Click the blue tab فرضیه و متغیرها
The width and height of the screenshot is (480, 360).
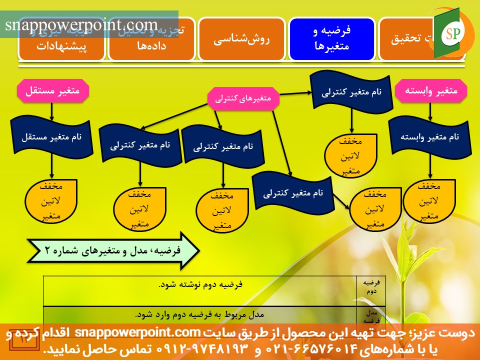coord(332,38)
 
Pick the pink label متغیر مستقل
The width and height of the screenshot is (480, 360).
coord(52,91)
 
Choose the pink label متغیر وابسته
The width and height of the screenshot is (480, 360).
coord(430,91)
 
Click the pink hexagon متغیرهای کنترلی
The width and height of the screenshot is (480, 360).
coord(243,98)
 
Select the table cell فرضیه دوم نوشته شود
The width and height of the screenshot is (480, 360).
coord(200,284)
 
